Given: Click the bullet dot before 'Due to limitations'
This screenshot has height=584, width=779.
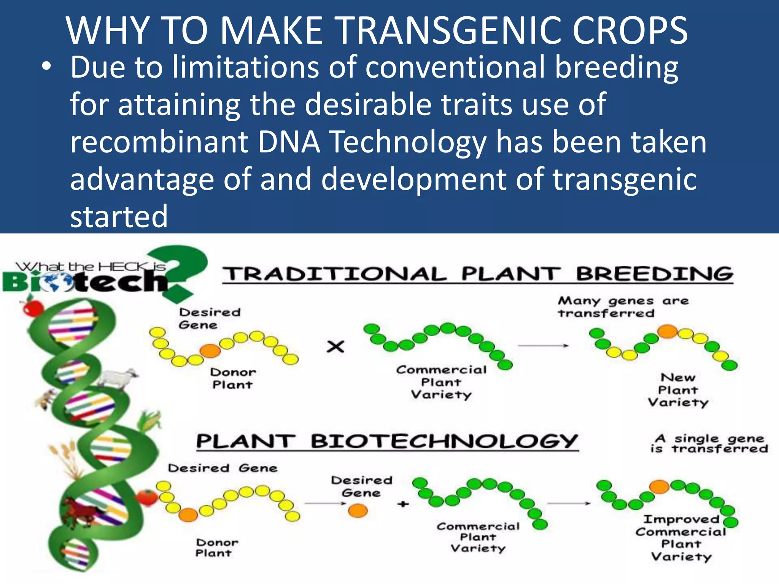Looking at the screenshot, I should pos(46,67).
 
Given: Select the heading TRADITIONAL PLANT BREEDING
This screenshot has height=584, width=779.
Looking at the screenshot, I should pos(477,274).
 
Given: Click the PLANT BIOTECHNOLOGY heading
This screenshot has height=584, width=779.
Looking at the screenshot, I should pos(387,441).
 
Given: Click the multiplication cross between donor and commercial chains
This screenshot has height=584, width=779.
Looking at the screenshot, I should pos(335,346).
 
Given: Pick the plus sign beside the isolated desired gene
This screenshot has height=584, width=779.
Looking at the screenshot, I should pos(403,504).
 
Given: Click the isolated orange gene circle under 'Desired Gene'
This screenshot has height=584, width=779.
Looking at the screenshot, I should pos(358,511).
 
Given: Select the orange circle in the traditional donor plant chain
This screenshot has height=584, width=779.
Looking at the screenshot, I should pos(210,351).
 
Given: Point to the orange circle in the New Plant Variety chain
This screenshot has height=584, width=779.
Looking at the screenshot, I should pos(668,331).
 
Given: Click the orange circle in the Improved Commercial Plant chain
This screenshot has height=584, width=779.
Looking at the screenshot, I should pos(659,486).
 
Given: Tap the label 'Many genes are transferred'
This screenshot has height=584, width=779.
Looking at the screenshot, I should pos(623,307).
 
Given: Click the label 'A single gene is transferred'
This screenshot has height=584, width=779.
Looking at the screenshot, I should pos(709,444).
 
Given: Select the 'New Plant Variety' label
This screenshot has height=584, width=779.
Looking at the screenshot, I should pos(678,390).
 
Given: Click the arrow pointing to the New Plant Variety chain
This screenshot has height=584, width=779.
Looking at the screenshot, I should pos(543,346).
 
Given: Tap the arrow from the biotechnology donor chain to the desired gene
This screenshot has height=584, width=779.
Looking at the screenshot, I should pos(325,503).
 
